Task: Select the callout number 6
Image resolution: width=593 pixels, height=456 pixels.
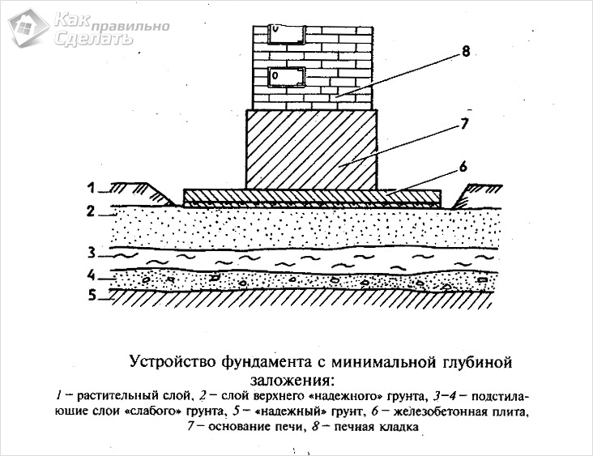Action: (463, 167)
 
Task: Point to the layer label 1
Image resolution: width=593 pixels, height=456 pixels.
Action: (92, 188)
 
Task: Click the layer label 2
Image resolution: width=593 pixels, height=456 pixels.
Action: (92, 211)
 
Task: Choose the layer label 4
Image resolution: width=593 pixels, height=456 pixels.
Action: (92, 274)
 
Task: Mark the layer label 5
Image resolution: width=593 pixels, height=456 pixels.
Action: (92, 296)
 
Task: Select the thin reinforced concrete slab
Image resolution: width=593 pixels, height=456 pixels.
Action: (312, 196)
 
